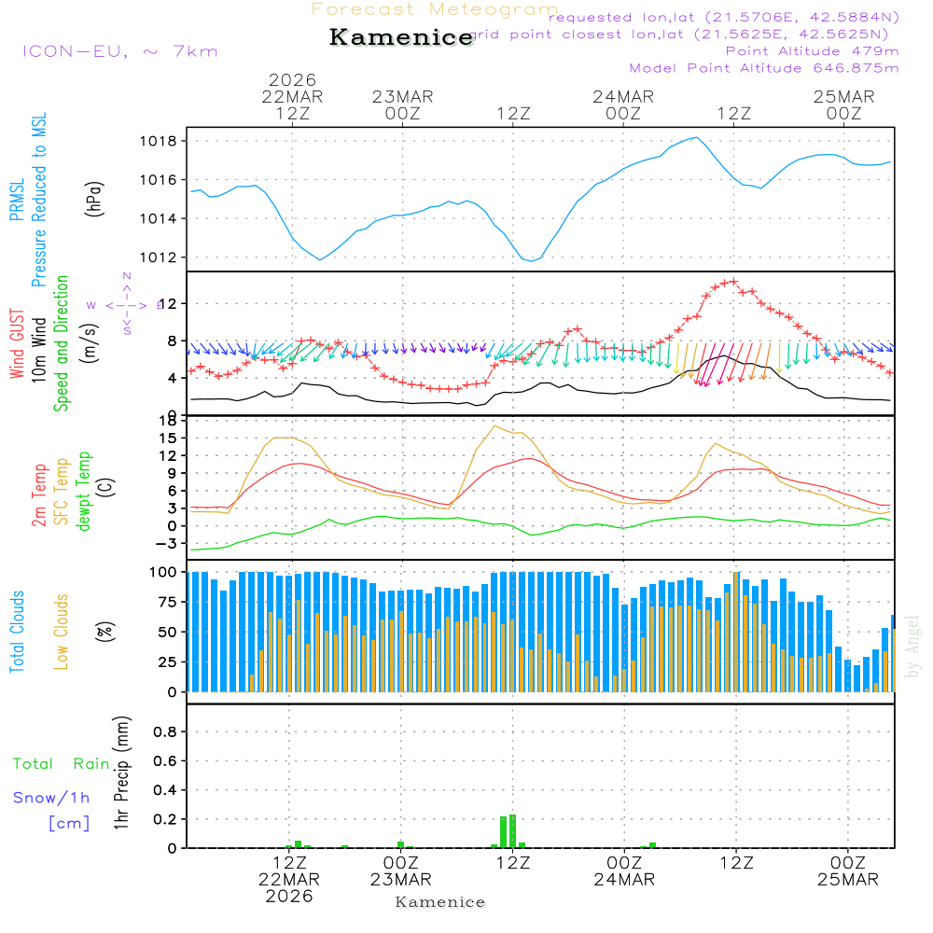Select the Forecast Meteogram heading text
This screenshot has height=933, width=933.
tap(435, 9)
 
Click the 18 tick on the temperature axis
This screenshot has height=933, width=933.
tap(174, 421)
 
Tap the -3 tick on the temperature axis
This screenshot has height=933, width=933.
tap(172, 543)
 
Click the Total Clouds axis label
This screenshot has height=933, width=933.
tap(18, 632)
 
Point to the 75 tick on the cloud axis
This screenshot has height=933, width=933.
tap(172, 602)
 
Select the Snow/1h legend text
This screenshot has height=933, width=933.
tap(52, 798)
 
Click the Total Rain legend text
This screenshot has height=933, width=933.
tap(61, 764)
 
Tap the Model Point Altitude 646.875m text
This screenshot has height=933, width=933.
tap(764, 68)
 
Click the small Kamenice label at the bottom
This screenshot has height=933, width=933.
tap(440, 902)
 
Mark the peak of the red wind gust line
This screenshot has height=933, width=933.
tap(733, 281)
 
